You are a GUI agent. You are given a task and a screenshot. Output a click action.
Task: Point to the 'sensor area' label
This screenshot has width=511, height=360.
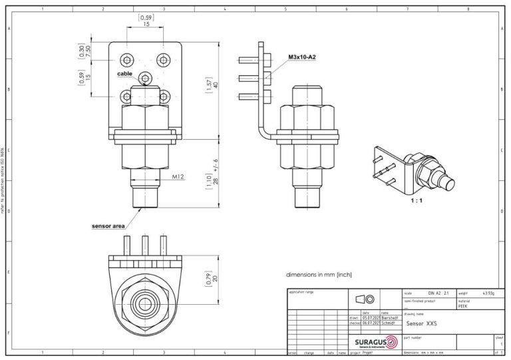pos(108,226)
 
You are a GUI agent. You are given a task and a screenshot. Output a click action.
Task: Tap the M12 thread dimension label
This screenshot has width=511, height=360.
pos(178,177)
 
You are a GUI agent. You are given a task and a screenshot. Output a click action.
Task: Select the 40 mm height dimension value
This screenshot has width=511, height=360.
pos(215,88)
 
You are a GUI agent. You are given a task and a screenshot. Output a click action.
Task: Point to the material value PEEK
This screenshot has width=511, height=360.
pos(464,307)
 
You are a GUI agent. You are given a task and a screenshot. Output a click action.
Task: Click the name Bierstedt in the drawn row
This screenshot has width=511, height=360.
pos(389,318)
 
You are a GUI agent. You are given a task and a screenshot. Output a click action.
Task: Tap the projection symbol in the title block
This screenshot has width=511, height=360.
pos(365,299)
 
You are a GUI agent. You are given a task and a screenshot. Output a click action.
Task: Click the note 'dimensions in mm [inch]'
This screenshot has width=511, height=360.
pos(319,274)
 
